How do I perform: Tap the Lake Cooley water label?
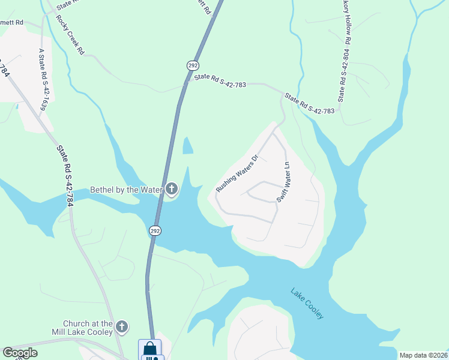coord(307,304)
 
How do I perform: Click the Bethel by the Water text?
coord(126,190)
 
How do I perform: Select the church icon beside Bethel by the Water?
coord(172,190)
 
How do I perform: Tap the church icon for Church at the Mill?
coord(122,327)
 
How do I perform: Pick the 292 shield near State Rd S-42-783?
coord(193,65)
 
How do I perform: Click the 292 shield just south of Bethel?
coord(155,230)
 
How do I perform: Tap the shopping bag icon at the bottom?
coord(149,348)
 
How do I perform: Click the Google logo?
coord(20,353)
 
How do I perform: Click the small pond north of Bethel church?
coord(188,145)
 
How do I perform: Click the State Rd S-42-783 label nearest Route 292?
coord(220,81)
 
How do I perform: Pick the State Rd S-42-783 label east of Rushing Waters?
coord(309,103)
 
